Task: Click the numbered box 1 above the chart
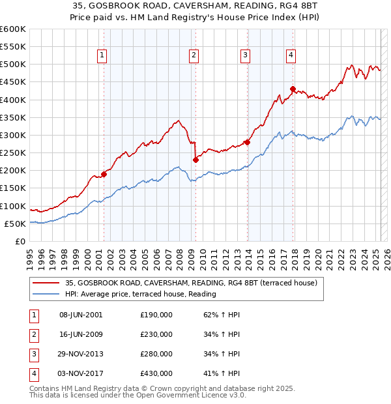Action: [x=103, y=56]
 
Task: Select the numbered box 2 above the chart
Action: [x=194, y=56]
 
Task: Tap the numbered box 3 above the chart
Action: [x=245, y=56]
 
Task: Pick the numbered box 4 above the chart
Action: [x=291, y=56]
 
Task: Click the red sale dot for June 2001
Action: [x=104, y=174]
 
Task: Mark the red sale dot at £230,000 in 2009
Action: [x=195, y=160]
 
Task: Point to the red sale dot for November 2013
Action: [x=247, y=142]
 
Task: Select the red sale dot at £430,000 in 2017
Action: [x=293, y=89]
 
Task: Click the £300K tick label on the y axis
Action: [x=13, y=135]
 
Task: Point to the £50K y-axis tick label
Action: [x=16, y=224]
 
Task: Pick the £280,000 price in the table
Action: [x=156, y=354]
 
